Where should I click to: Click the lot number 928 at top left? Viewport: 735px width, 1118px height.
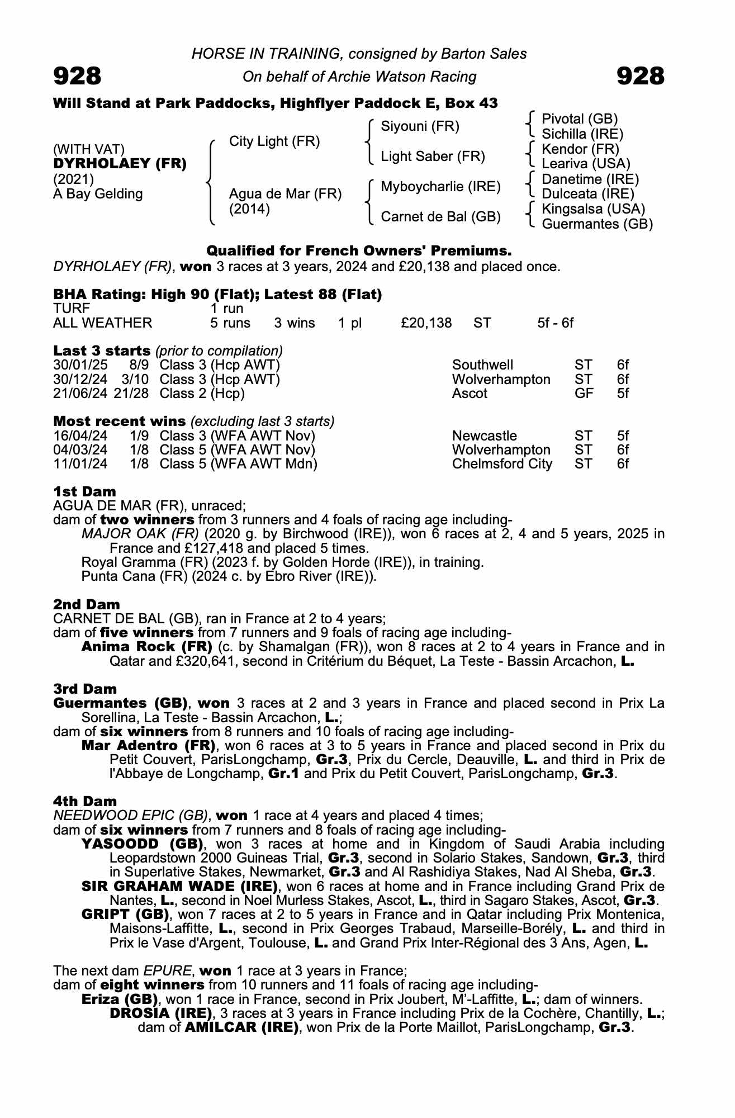(77, 76)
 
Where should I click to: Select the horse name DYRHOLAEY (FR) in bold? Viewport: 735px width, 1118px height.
(120, 164)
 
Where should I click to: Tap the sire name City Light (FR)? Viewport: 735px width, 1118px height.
(274, 141)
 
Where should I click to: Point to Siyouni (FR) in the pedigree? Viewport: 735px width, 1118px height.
(420, 126)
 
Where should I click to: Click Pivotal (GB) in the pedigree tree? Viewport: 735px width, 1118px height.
(580, 119)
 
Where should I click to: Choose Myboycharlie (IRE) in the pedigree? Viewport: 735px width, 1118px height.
(440, 187)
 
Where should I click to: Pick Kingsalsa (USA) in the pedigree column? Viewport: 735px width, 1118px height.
(593, 209)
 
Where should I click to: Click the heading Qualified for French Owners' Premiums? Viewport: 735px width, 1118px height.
(359, 250)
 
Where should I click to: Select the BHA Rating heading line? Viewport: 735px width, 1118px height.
(217, 295)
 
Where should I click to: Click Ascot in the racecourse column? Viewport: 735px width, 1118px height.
(470, 394)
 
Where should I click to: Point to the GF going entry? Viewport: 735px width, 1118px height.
(584, 394)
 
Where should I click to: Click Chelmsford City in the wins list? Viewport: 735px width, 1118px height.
(501, 464)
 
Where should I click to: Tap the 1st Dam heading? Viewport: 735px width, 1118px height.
(84, 492)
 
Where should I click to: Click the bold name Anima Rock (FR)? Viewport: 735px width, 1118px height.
(146, 647)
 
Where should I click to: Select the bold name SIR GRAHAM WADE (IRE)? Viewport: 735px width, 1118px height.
(179, 886)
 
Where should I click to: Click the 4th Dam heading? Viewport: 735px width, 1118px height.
(85, 802)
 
